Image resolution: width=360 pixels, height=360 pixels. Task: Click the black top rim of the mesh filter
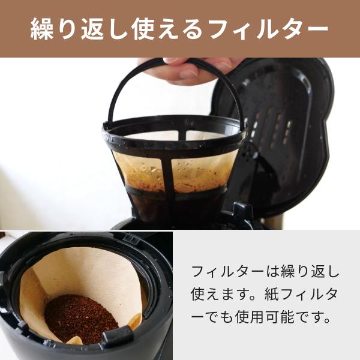(174, 130)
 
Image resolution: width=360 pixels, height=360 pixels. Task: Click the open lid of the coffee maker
(282, 120)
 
